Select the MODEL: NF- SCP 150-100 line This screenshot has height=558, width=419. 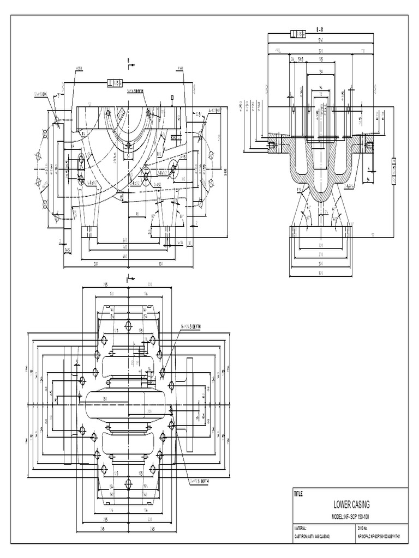click(x=351, y=516)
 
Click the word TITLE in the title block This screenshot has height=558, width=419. click(x=298, y=494)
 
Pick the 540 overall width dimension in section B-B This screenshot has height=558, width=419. click(x=321, y=40)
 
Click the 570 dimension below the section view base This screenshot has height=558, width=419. click(x=321, y=273)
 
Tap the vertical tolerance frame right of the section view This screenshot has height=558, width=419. click(x=393, y=170)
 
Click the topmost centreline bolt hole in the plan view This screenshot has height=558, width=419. click(x=128, y=326)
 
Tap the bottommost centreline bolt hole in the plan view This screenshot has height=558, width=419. click(x=128, y=483)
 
